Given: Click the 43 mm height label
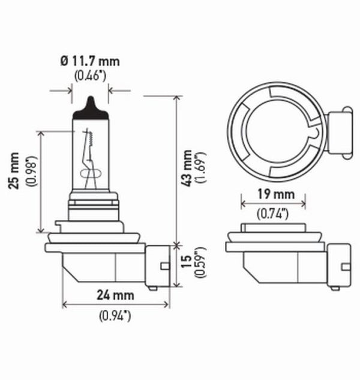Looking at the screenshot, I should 188,167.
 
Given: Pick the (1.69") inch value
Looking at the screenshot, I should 202,167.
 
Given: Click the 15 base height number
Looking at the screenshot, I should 188,263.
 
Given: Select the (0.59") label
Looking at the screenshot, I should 202,263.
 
